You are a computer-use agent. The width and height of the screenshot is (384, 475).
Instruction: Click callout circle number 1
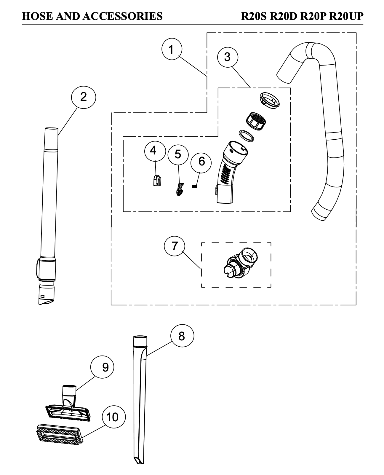172,50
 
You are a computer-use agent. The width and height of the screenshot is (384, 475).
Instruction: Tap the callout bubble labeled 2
84,96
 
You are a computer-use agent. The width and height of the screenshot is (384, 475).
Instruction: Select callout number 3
227,57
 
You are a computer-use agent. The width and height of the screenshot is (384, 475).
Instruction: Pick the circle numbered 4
153,151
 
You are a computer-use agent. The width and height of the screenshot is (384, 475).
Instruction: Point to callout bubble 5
178,154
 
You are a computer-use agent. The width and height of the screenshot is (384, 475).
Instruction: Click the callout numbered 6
201,161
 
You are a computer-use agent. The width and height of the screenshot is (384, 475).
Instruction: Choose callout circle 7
175,246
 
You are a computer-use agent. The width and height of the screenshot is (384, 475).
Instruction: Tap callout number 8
182,336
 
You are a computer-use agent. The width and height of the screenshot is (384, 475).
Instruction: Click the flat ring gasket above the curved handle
247,135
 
